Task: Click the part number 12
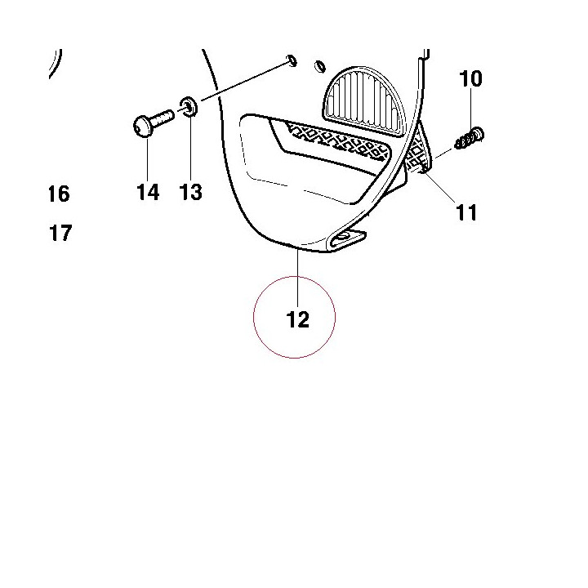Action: tap(298, 320)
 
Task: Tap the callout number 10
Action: tap(470, 78)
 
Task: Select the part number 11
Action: tap(466, 212)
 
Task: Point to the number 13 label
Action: tap(191, 192)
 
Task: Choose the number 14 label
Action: tap(148, 192)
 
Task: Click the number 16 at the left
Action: tap(60, 194)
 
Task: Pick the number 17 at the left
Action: tap(60, 233)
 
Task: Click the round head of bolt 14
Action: tap(142, 126)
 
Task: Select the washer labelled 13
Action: tap(189, 107)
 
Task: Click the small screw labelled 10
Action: tap(470, 139)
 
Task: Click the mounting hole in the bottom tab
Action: tap(342, 236)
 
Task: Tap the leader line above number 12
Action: tap(298, 278)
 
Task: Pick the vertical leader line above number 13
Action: tap(191, 148)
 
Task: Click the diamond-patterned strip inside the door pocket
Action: tap(336, 141)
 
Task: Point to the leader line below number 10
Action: tap(471, 109)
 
